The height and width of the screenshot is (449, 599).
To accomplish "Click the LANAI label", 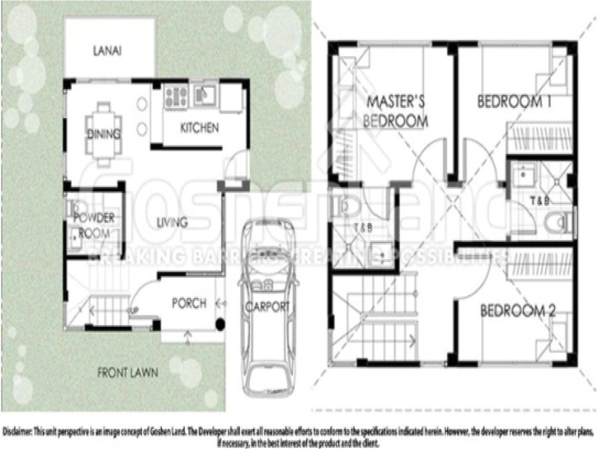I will [107, 51].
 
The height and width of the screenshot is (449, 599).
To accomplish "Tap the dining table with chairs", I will [104, 134].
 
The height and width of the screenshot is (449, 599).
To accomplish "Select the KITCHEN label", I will [199, 128].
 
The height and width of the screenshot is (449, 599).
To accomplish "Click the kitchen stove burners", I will [176, 96].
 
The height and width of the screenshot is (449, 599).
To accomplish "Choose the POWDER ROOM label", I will [94, 225].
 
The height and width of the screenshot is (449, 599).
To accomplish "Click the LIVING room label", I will [172, 222].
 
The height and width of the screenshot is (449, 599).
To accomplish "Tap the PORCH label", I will [189, 303].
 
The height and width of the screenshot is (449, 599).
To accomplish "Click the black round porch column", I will [219, 324].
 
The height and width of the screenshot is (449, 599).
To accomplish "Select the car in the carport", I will [267, 306].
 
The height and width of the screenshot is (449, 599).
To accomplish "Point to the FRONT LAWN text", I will [128, 373].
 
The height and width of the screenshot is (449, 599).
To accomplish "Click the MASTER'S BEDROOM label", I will [395, 111].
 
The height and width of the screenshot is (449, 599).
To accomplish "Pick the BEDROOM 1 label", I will [514, 101].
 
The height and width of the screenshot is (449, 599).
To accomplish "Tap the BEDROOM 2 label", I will [518, 311].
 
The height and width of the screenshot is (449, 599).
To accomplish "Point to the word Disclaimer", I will [17, 431].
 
